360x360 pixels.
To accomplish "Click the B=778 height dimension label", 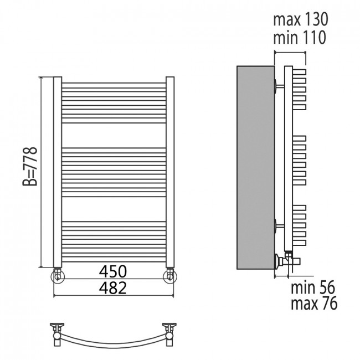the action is [30, 167].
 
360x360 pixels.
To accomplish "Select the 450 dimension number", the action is [113, 271].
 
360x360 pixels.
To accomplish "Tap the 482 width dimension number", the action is [113, 288].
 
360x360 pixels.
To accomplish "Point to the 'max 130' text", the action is [301, 19].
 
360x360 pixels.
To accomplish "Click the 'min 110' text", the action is [300, 38].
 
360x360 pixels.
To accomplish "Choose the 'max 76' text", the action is [314, 303].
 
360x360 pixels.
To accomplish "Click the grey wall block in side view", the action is [255, 168].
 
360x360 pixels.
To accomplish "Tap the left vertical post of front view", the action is [58, 172].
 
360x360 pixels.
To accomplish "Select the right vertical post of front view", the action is [170, 172].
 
